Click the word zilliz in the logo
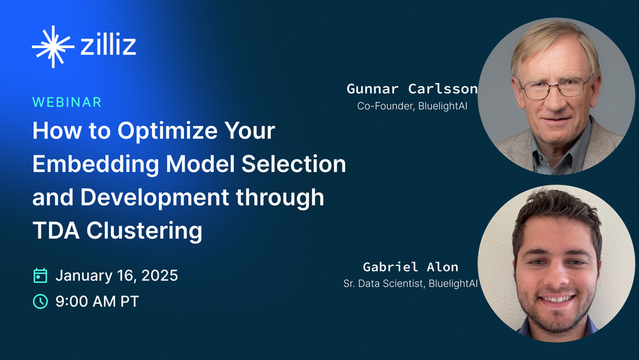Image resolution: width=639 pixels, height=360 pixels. [x=108, y=46]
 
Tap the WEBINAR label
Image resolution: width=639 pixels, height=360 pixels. [x=67, y=102]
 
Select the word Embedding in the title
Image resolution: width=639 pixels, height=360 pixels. [x=95, y=164]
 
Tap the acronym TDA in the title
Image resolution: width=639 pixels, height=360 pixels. [x=52, y=230]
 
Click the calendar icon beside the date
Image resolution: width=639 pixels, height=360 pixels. [x=40, y=276]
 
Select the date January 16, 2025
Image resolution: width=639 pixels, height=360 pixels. [x=116, y=276]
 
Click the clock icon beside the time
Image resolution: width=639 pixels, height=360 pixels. [x=40, y=301]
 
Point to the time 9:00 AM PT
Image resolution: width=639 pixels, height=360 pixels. [x=97, y=301]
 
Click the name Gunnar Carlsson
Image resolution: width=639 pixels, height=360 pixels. [x=412, y=89]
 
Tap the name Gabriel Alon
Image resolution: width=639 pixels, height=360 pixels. [x=410, y=267]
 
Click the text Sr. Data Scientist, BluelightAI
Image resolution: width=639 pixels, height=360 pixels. [x=410, y=283]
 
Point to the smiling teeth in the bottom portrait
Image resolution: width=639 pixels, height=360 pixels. [x=558, y=299]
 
